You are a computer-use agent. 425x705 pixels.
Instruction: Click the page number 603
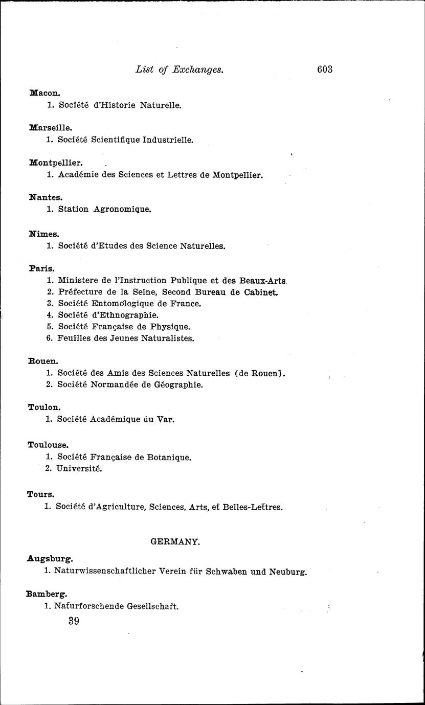tap(325, 70)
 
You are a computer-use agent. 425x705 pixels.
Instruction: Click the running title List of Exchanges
tap(179, 70)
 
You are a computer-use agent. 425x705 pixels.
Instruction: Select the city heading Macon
tap(46, 93)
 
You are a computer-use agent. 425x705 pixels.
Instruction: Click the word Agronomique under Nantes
tap(122, 209)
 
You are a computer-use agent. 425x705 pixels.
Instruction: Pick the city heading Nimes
tap(44, 234)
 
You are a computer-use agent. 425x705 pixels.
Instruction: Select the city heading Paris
tap(42, 268)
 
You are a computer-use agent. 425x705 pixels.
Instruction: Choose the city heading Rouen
tap(43, 361)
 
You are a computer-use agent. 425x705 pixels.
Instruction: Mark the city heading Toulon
tap(44, 407)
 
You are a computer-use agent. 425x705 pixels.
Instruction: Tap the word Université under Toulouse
tap(79, 469)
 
